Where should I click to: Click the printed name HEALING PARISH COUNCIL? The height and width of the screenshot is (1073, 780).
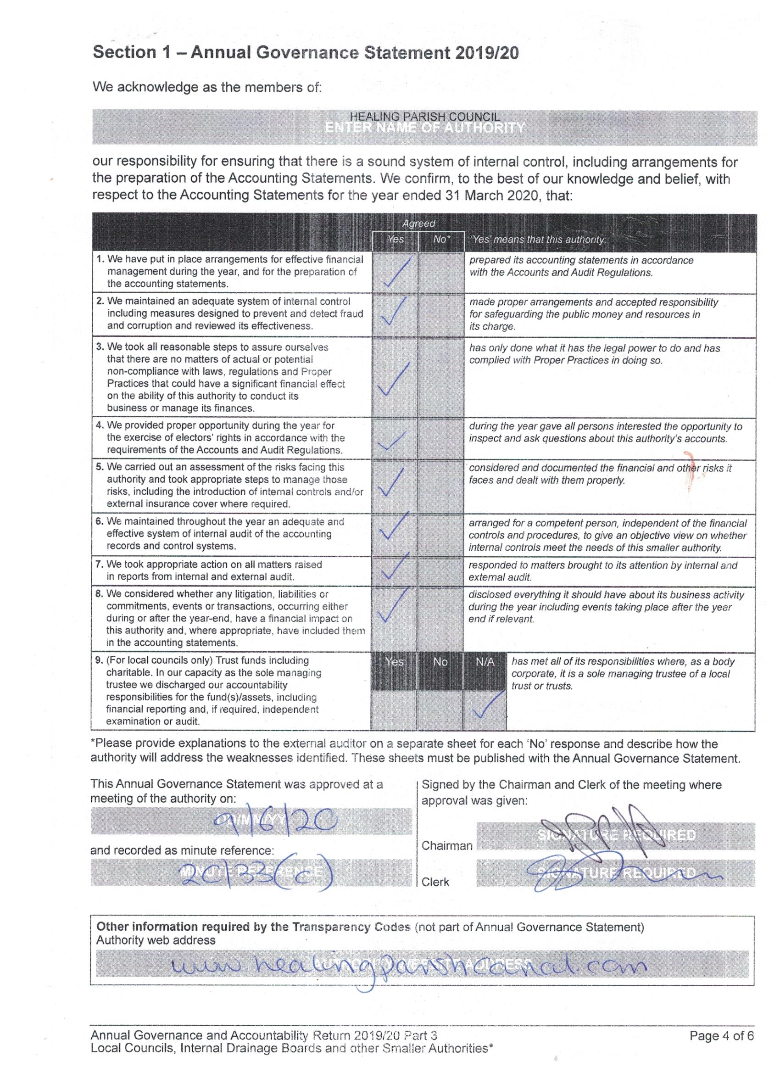(x=424, y=117)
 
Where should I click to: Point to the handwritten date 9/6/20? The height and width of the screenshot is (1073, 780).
(x=275, y=824)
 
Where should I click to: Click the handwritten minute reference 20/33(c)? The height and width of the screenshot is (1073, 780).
(x=256, y=872)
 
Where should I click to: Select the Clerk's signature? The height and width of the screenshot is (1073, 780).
(x=620, y=873)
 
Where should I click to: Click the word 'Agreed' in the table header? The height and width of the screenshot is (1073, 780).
(x=418, y=224)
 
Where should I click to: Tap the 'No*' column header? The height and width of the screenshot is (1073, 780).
(x=441, y=240)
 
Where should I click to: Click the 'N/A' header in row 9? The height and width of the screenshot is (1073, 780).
(x=485, y=662)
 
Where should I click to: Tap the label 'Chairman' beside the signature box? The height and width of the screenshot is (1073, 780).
(x=446, y=845)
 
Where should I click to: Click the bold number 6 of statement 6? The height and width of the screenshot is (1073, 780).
(x=99, y=521)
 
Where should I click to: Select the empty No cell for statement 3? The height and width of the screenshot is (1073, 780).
(x=441, y=378)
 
